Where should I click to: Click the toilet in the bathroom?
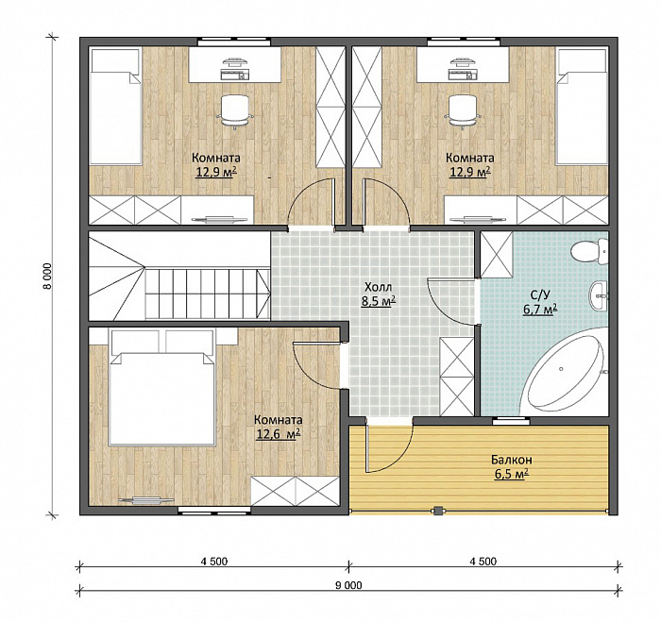tap(589, 251)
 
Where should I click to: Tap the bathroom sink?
tap(598, 295)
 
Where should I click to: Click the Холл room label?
tap(378, 287)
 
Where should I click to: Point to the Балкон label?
tap(512, 460)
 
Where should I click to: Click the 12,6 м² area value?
tap(279, 434)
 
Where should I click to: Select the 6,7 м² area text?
tap(540, 310)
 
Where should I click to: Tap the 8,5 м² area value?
tap(378, 301)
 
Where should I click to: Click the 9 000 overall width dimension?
tap(349, 585)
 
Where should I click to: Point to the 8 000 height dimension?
tap(46, 276)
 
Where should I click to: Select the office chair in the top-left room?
tap(234, 110)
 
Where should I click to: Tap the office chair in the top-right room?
tap(464, 110)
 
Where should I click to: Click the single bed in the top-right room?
tap(583, 107)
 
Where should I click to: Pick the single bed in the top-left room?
tap(115, 107)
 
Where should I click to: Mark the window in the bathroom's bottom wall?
tap(512, 420)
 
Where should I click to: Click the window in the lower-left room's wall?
tap(214, 511)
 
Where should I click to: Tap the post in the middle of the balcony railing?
tap(438, 512)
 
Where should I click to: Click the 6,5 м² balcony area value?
tap(512, 474)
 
